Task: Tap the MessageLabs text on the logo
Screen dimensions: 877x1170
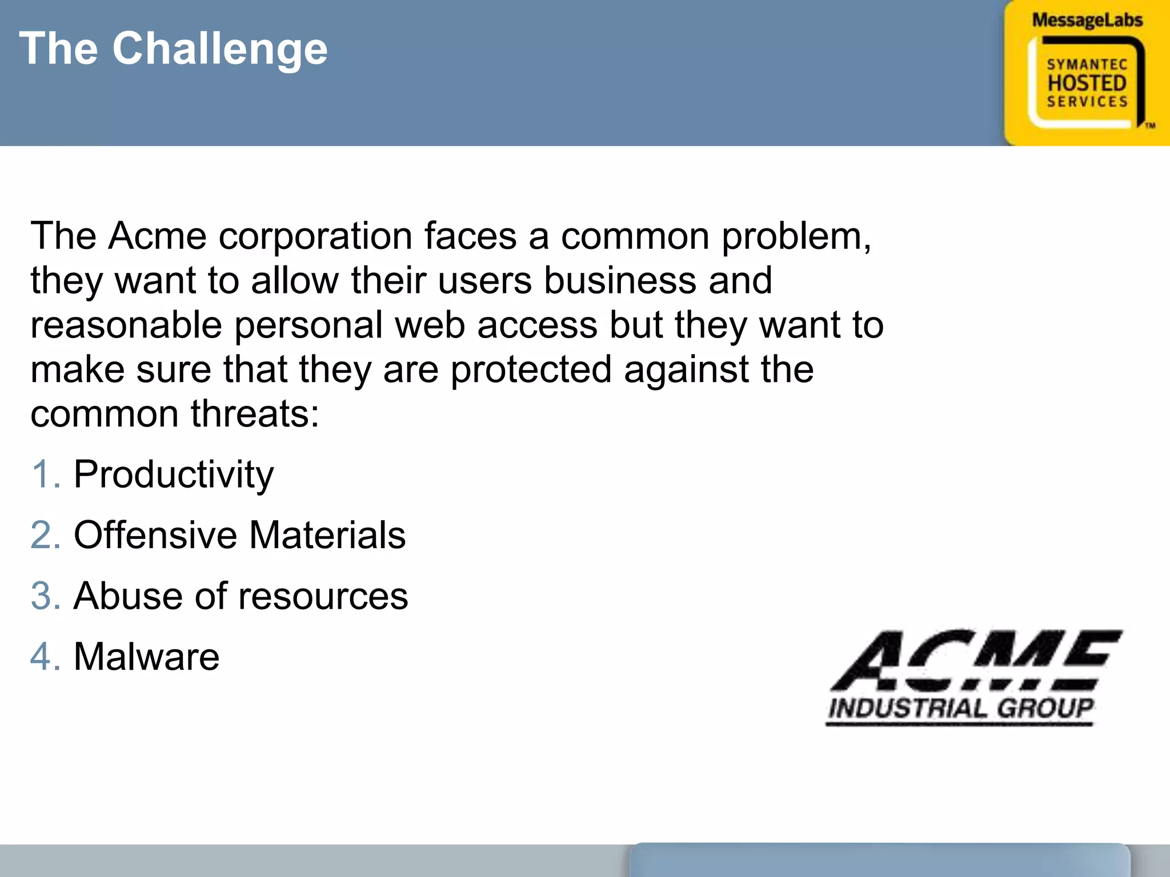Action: tap(1087, 21)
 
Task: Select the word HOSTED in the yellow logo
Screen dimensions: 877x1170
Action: tap(1087, 83)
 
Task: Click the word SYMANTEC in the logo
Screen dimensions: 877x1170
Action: tap(1087, 65)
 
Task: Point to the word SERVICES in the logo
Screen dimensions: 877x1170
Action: tap(1087, 102)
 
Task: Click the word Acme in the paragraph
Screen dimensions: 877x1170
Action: tap(157, 236)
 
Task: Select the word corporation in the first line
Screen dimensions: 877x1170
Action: tap(315, 236)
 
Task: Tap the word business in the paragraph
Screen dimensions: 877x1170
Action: tap(620, 280)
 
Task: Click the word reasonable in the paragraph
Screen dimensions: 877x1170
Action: tap(126, 325)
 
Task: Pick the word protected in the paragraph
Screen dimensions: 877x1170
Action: tap(531, 369)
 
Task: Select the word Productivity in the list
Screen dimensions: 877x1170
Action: tap(174, 476)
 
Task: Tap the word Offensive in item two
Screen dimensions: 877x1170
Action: tap(155, 536)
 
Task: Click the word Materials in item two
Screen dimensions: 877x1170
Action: tap(327, 536)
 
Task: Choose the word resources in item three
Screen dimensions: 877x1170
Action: tap(323, 597)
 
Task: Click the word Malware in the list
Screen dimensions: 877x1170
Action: tap(146, 657)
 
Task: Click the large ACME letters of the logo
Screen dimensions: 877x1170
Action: tap(977, 660)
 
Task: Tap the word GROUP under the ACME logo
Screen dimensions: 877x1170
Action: tap(1045, 709)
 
